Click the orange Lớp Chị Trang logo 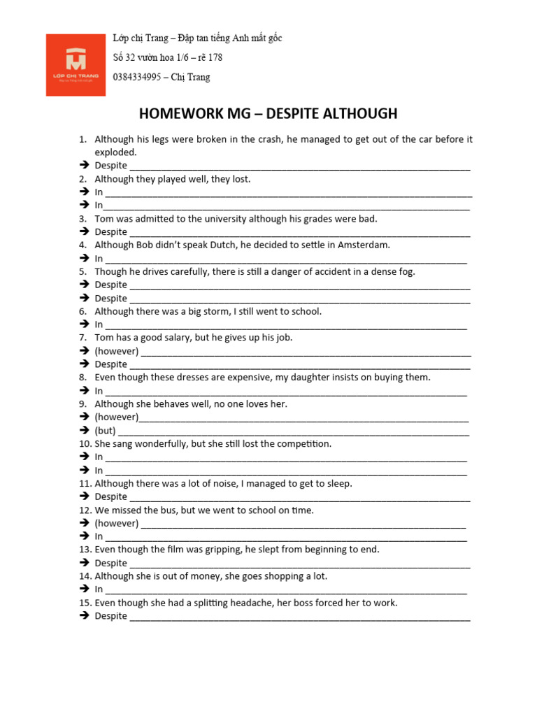point(76,64)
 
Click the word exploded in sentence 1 point(115,152)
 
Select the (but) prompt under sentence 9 point(105,431)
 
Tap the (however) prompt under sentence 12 point(116,524)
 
